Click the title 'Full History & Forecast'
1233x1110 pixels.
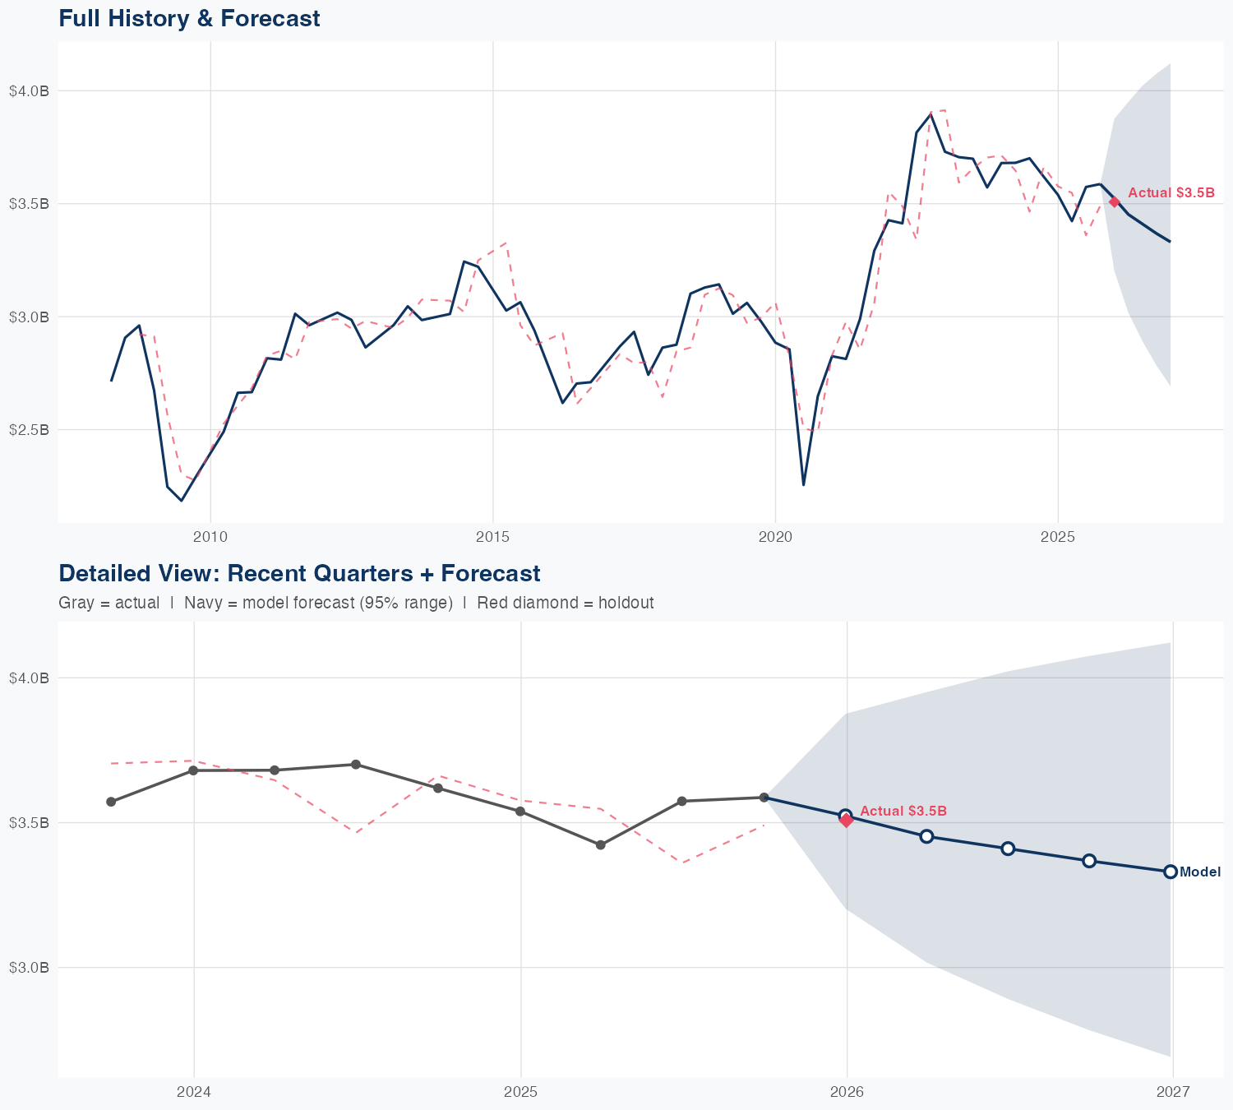pos(189,18)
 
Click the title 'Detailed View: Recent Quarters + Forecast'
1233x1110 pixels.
pos(299,573)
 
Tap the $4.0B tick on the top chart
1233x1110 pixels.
pos(29,90)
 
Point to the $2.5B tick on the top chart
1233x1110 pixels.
pos(29,430)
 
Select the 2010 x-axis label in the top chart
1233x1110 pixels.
pos(210,537)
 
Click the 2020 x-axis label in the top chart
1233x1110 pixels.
pos(775,537)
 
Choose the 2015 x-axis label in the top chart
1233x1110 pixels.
pos(492,537)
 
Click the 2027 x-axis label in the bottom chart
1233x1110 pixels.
pos(1173,1092)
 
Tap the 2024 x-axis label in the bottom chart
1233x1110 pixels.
pos(194,1092)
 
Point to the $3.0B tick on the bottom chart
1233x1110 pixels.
pos(29,968)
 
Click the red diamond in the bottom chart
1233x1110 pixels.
pos(847,820)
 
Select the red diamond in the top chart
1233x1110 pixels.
pos(1114,201)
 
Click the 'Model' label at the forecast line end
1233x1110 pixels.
pos(1200,872)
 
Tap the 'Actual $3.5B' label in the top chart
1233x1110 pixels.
pos(1171,192)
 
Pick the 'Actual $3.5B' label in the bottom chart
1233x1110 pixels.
pos(903,811)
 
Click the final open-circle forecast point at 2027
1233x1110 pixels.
pos(1171,872)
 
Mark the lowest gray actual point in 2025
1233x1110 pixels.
pos(600,845)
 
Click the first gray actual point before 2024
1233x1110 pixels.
pos(111,802)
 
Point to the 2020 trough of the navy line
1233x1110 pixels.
pos(803,485)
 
